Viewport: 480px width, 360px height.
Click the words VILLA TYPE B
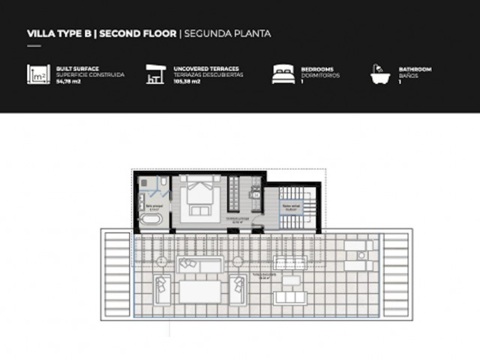click(x=59, y=34)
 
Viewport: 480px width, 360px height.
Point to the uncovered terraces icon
click(x=155, y=74)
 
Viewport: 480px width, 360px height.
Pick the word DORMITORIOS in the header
click(x=320, y=76)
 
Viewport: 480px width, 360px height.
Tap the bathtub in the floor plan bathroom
click(x=150, y=220)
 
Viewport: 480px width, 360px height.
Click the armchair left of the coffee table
click(x=162, y=289)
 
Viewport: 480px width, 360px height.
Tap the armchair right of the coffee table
click(x=237, y=289)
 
